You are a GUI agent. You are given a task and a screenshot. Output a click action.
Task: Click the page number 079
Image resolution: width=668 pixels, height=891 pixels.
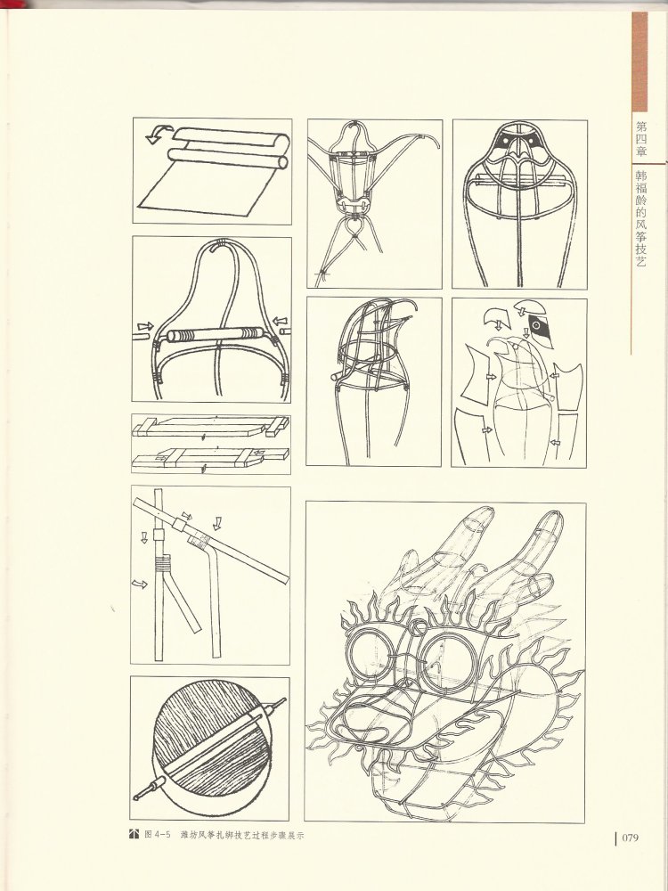(630, 838)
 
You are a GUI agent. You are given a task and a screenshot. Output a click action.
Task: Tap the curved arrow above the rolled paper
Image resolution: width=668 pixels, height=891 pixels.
(159, 135)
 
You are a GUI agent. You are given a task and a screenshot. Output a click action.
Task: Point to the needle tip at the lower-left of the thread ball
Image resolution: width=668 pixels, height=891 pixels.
(137, 797)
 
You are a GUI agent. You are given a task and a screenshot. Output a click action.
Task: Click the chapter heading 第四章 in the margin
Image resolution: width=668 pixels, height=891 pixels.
(640, 139)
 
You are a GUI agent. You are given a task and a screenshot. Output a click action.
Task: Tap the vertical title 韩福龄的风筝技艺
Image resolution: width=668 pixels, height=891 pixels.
(640, 217)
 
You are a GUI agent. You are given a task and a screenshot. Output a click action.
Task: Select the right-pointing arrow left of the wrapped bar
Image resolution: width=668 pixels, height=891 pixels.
(145, 327)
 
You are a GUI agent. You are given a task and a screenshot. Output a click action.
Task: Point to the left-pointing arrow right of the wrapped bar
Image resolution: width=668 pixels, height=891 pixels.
(280, 322)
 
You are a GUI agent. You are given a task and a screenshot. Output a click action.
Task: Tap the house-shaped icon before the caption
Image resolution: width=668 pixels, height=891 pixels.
(134, 834)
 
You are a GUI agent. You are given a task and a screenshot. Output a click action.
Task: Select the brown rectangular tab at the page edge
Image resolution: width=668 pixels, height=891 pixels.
(639, 62)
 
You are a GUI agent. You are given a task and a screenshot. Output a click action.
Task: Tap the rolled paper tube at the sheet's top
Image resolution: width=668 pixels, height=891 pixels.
(227, 159)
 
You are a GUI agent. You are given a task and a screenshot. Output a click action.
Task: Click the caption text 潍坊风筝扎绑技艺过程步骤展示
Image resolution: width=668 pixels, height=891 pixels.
(242, 836)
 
